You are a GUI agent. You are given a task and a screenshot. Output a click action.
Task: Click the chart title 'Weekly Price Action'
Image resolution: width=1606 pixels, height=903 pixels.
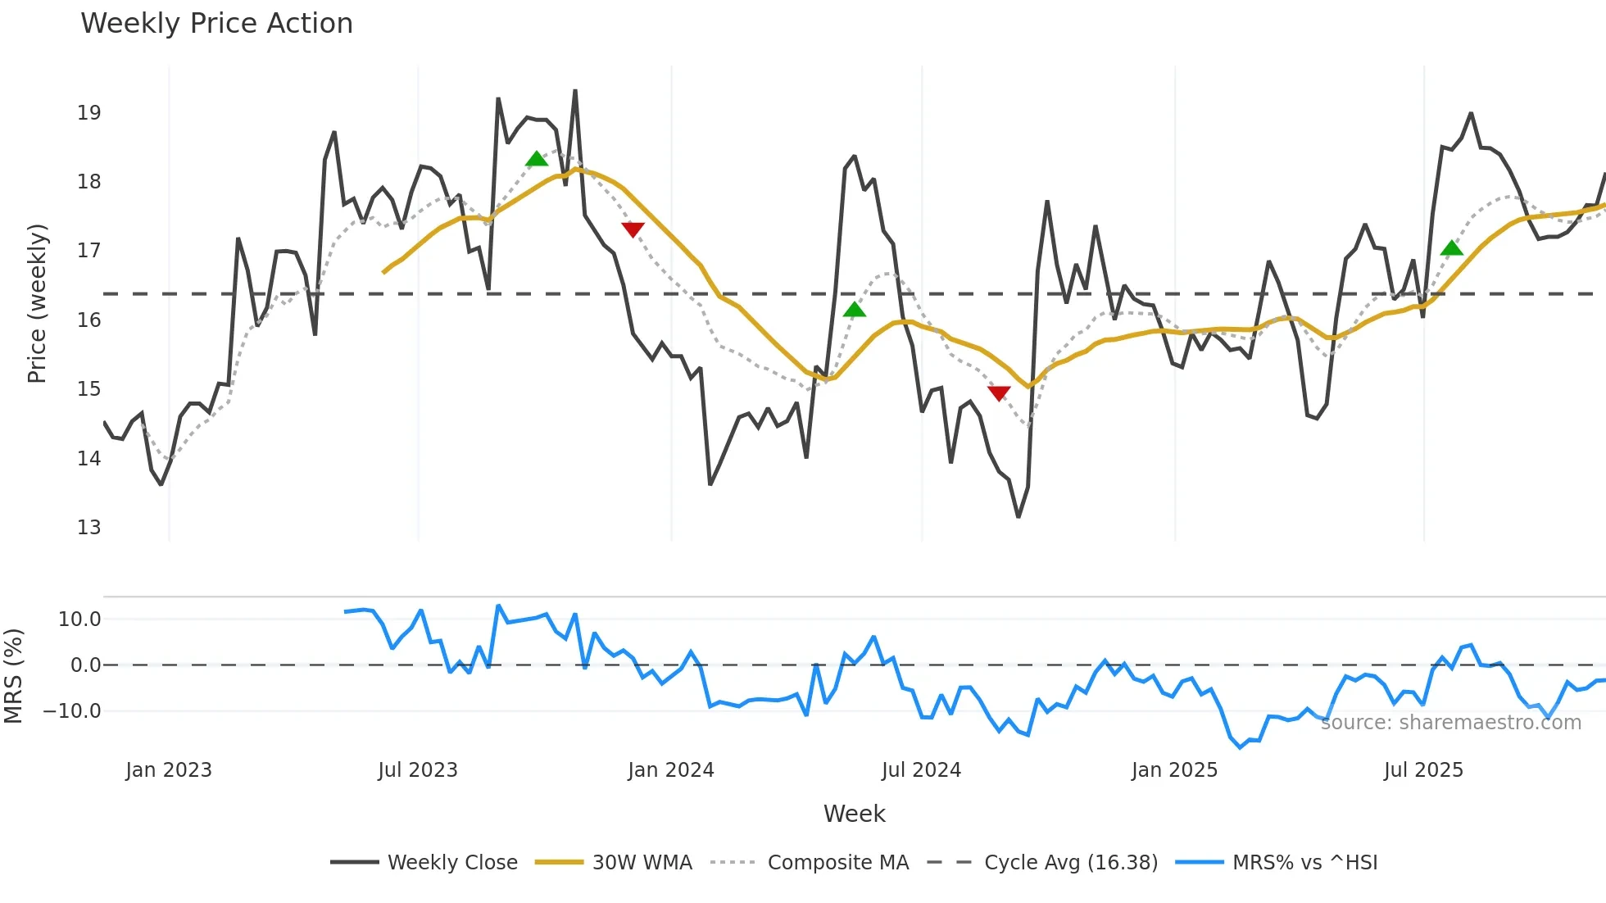pos(216,24)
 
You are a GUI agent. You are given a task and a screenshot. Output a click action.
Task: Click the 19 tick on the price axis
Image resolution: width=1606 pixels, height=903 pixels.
pos(89,113)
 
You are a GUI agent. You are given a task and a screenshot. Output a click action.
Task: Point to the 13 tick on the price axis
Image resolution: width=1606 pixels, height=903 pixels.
pos(89,528)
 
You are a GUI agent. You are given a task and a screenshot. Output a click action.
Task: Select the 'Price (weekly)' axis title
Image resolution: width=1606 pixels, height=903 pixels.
pos(38,303)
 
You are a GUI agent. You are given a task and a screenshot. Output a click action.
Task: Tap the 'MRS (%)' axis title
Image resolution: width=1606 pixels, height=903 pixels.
pos(13,676)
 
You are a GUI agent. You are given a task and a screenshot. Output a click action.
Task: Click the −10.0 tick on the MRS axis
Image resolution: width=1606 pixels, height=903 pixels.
pos(72,711)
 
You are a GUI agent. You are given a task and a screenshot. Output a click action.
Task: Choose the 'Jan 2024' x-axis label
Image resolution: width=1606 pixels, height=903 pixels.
pos(671,770)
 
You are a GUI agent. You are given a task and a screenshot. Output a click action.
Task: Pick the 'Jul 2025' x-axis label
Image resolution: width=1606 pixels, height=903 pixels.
pos(1423,770)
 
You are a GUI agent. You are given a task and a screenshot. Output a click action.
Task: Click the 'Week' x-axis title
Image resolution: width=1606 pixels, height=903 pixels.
pos(854,814)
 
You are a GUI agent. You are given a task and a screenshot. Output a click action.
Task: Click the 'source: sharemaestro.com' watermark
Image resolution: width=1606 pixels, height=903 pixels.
pos(1450,723)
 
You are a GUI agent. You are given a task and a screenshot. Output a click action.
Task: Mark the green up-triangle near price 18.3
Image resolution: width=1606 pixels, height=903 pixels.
pos(537,159)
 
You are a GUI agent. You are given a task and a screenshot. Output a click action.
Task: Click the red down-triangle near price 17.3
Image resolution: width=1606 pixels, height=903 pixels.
pos(633,229)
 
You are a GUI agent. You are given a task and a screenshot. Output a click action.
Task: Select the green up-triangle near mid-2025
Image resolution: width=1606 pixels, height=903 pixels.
pos(1451,248)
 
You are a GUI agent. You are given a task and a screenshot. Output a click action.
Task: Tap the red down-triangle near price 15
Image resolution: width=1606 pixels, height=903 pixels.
pos(999,393)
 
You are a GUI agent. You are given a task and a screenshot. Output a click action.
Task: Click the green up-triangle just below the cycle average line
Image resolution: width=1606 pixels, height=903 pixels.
pos(854,310)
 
